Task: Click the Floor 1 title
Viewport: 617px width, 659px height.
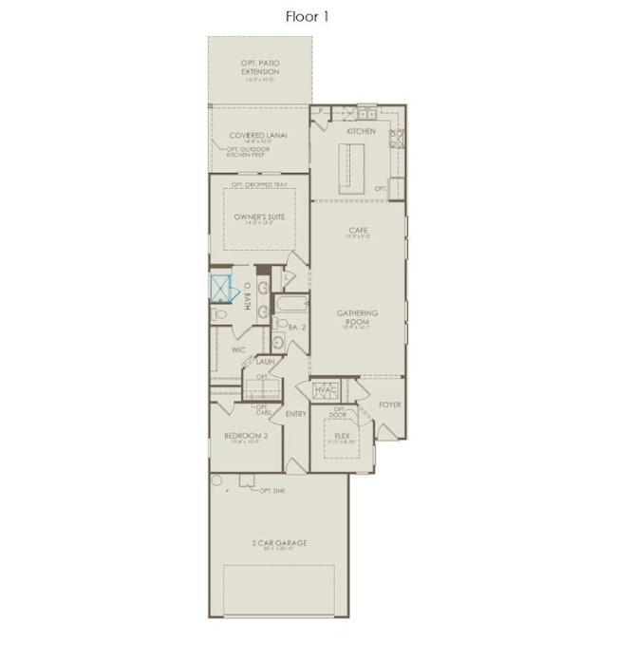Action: pos(308,16)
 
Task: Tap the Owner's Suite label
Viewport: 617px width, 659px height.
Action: pos(259,217)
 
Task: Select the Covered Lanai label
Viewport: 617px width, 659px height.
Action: pos(258,136)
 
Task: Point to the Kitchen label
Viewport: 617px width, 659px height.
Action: pos(361,131)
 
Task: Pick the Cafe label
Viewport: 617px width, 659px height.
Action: pos(358,231)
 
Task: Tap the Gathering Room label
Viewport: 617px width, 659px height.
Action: pos(358,317)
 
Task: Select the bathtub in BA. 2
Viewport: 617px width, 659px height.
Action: pos(290,306)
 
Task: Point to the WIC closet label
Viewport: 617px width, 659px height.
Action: pos(238,349)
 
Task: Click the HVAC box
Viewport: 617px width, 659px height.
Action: pos(326,389)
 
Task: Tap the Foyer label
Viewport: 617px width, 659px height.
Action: pos(390,404)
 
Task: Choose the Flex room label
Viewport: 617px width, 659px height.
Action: pos(342,437)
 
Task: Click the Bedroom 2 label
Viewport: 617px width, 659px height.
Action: pos(246,436)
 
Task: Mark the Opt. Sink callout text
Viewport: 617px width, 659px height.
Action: pos(273,490)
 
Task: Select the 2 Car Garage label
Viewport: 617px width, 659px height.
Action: pos(279,544)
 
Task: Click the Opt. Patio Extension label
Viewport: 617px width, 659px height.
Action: pos(259,66)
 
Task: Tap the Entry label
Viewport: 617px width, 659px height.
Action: pos(295,413)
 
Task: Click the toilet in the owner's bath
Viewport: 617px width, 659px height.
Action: pos(219,311)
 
